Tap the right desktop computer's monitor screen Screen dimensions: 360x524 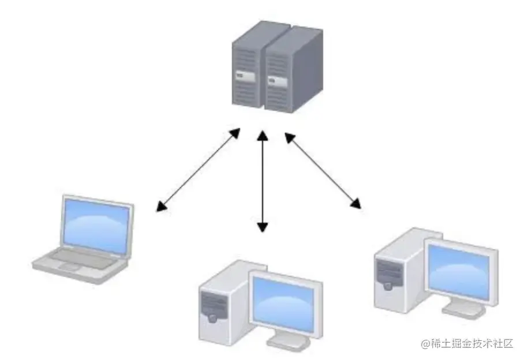point(460,270)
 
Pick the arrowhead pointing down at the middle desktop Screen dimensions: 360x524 point(263,226)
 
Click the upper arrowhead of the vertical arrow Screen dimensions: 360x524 point(263,136)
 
